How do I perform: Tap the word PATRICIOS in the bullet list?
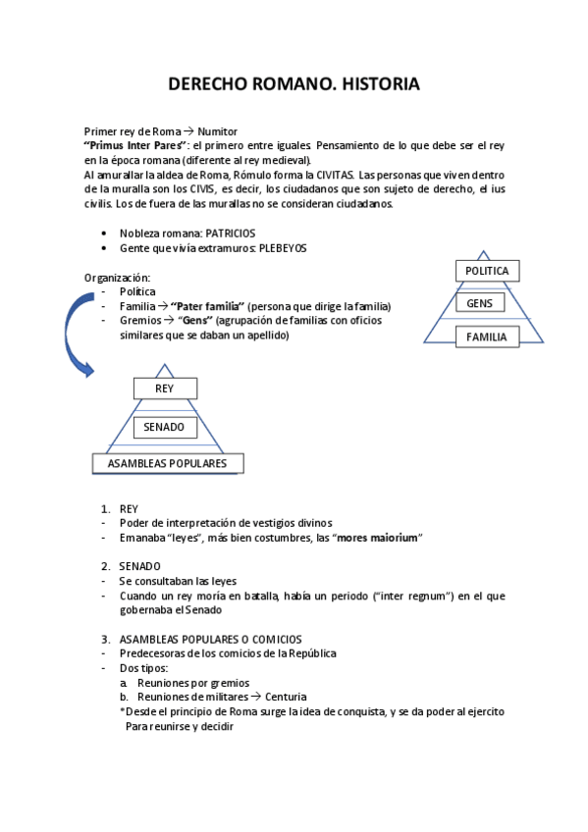231,234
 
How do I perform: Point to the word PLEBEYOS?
283,248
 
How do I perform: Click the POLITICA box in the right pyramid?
487,272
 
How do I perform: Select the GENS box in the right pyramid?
480,303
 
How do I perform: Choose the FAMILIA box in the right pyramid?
487,337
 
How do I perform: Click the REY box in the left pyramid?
164,389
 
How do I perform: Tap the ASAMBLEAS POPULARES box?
168,463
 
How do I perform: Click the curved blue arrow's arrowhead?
88,370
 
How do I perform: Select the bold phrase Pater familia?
212,306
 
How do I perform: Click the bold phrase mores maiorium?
378,537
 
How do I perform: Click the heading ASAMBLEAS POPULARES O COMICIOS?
210,640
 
